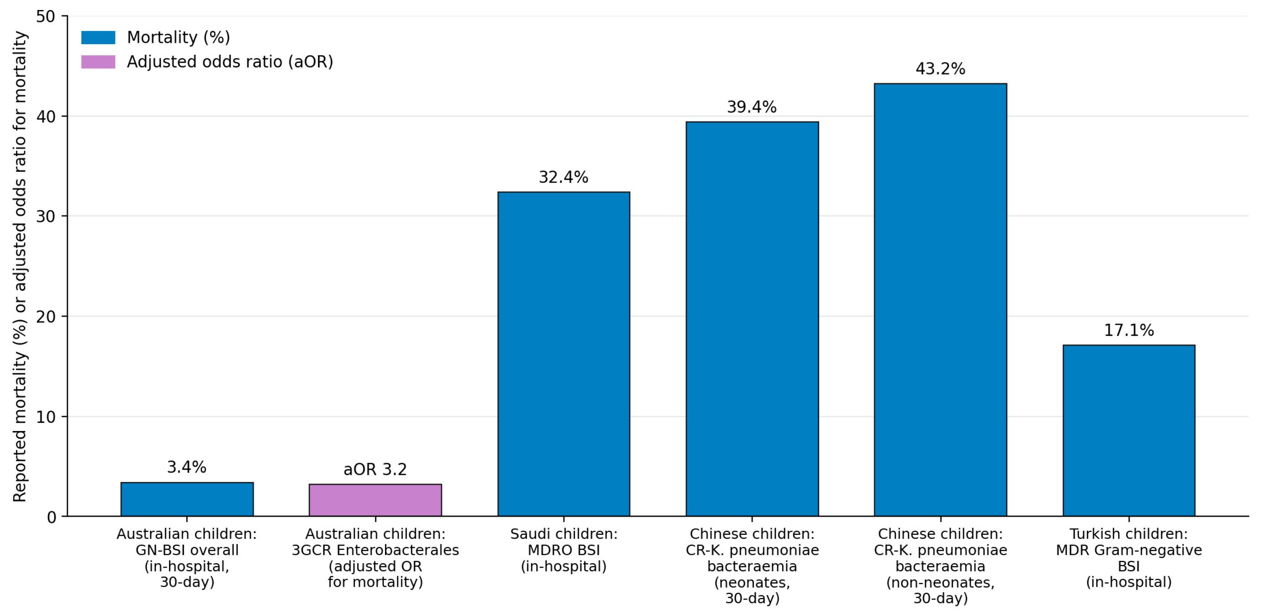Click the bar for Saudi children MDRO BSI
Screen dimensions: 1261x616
point(564,354)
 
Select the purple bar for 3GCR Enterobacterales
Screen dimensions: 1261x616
point(375,500)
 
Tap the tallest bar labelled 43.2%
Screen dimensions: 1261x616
point(940,300)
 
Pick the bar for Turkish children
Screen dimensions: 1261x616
point(1129,431)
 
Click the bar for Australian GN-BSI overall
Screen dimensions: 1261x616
point(187,499)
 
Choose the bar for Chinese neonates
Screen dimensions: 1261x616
point(752,319)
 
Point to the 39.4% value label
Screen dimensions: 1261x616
point(752,107)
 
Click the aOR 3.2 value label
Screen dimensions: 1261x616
point(375,469)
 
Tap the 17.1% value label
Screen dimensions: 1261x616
point(1129,330)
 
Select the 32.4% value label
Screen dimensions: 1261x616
point(564,177)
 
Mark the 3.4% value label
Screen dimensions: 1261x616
point(187,467)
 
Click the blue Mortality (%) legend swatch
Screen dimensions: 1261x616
point(98,37)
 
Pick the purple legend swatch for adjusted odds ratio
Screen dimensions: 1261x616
point(98,62)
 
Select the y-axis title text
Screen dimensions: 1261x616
point(20,267)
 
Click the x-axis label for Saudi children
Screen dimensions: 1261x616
point(564,550)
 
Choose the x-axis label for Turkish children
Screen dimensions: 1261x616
point(1129,558)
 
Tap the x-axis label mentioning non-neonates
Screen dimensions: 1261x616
point(940,566)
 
